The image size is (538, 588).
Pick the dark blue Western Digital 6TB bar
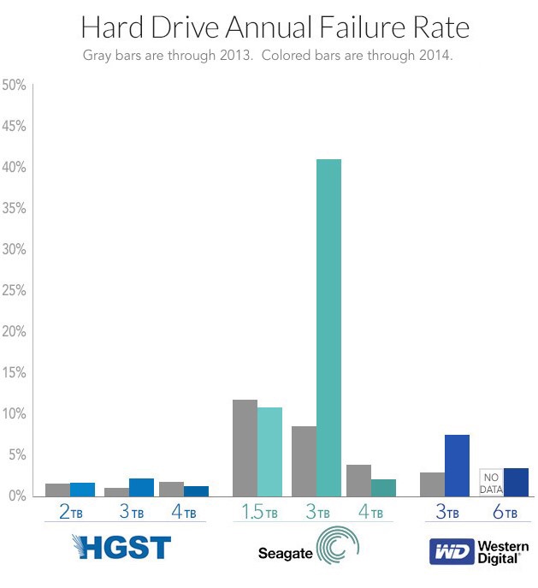[516, 482]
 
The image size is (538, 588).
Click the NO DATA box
[491, 483]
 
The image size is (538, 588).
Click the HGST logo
[122, 548]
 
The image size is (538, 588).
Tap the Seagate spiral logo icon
[335, 548]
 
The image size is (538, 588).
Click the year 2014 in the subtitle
[435, 56]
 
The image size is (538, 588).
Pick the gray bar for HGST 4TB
[172, 489]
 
